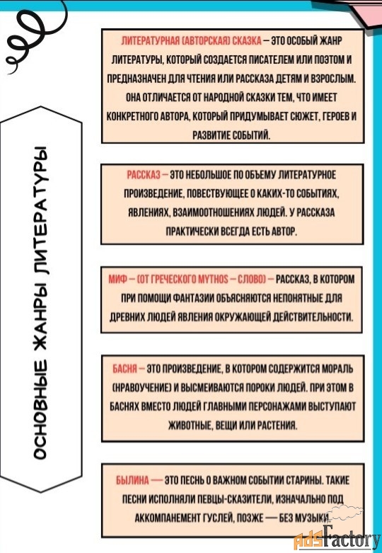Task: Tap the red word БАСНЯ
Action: coord(125,369)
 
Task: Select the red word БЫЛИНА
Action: coord(132,480)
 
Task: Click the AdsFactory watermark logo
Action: coord(337,535)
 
